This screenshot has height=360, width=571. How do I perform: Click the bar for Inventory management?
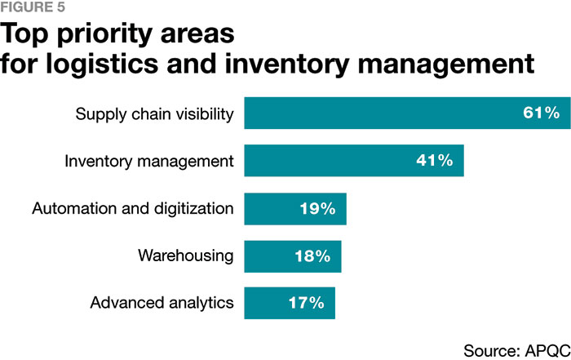(353, 161)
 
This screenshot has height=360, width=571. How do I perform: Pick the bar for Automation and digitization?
(294, 208)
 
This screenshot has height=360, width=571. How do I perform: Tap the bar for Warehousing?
(292, 256)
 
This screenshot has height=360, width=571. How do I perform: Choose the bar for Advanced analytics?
(289, 303)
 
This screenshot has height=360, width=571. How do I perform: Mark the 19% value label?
(317, 208)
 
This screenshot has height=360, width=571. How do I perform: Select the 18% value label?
(312, 256)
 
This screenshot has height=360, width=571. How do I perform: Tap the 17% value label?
(306, 303)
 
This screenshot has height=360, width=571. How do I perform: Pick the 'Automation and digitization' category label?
(133, 208)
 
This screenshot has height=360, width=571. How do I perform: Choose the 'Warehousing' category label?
(186, 256)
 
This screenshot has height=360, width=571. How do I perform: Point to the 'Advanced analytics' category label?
(162, 303)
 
